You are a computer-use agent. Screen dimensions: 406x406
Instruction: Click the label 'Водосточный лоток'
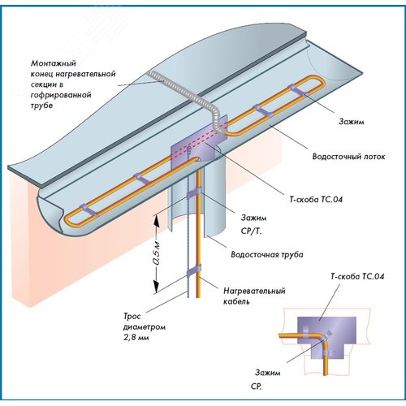point(348,157)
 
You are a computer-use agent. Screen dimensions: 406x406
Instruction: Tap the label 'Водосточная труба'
point(267,254)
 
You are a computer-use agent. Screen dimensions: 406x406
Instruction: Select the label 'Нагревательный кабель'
point(254,296)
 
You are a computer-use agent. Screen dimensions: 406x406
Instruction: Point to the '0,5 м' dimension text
point(157,253)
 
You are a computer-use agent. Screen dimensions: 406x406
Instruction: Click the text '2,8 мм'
point(136,338)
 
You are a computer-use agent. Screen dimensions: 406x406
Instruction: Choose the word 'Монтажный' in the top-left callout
point(54,63)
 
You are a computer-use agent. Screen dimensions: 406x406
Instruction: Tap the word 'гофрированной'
point(61,95)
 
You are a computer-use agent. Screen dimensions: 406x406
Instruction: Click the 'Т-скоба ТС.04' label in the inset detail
point(357,276)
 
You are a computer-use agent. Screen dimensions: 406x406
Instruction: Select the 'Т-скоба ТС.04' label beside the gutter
point(316,200)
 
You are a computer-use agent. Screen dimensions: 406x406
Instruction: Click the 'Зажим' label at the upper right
point(352,122)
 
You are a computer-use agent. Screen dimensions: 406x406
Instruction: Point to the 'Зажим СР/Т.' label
point(253,224)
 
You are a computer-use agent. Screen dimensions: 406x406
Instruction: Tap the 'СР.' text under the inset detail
point(256,387)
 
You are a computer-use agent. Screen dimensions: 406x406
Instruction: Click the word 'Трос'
point(132,316)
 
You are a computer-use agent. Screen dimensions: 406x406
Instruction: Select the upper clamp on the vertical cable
point(194,193)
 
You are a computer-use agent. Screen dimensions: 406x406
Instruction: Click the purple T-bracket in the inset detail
point(326,329)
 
